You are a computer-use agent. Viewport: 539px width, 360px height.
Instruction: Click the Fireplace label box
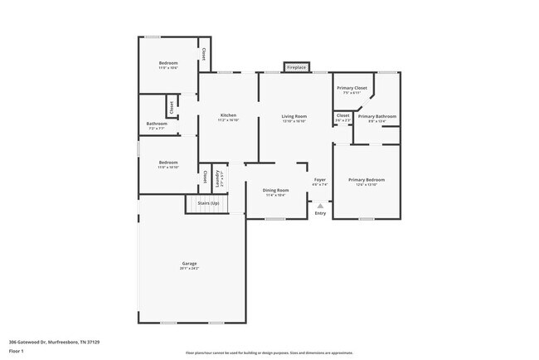coord(296,67)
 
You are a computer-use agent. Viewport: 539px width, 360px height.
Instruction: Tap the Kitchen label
coord(228,115)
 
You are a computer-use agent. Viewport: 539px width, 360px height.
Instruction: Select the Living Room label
coord(294,115)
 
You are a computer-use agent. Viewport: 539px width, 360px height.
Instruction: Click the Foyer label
coord(319,179)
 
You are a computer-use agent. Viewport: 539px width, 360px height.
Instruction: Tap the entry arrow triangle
coord(320,203)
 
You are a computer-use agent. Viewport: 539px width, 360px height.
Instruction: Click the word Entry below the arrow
coord(320,213)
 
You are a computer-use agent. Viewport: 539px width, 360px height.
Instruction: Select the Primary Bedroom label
coord(366,179)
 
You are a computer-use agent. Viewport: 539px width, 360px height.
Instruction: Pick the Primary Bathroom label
coord(377,116)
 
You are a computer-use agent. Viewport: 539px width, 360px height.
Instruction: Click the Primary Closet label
coord(352,87)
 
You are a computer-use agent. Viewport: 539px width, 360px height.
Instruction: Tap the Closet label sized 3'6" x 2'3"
coord(343,115)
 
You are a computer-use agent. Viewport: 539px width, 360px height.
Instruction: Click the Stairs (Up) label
coord(207,203)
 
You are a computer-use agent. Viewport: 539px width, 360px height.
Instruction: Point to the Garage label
coord(189,263)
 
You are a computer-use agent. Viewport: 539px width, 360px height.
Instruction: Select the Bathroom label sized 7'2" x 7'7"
coord(157,124)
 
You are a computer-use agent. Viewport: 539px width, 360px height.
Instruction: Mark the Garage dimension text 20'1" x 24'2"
coord(189,269)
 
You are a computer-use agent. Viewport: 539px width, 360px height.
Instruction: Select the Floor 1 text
coord(17,351)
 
